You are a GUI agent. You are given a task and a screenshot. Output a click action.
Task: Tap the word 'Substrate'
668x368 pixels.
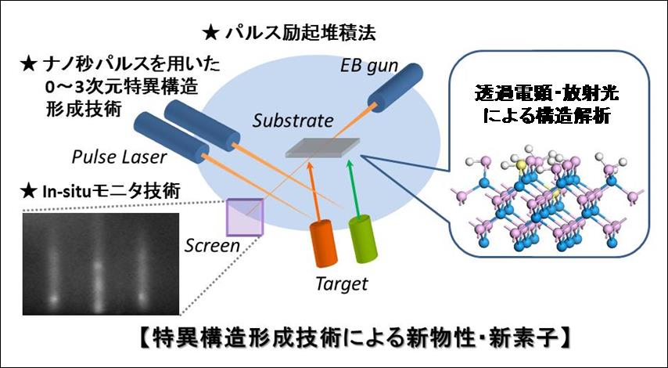(x=293, y=121)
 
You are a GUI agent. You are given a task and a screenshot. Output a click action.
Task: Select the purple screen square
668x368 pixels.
(x=245, y=215)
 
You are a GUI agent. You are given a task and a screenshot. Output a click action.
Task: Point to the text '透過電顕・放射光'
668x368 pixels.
(x=540, y=94)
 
